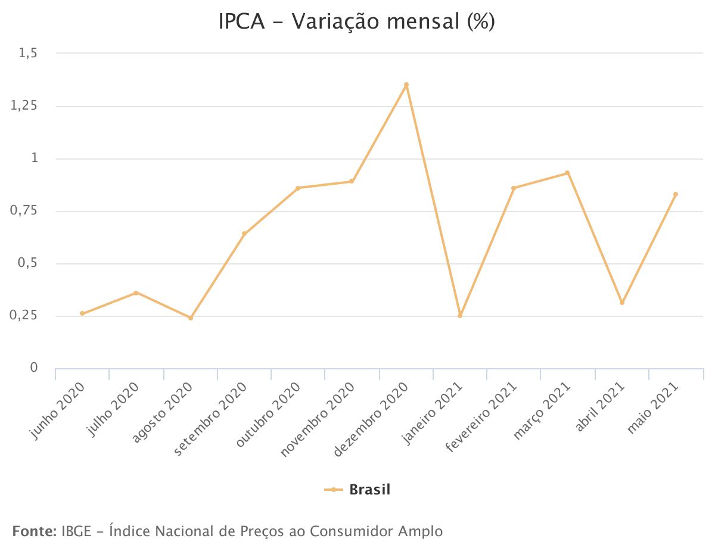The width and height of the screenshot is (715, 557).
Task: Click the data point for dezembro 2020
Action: tap(406, 85)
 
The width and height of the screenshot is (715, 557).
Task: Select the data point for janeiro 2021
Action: tap(460, 315)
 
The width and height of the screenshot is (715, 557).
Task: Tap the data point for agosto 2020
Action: tap(191, 318)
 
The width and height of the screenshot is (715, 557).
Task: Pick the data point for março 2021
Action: tap(567, 173)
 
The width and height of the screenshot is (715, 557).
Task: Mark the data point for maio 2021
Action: tap(676, 194)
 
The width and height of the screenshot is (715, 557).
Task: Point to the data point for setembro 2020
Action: tap(244, 234)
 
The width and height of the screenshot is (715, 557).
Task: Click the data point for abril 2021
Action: tap(622, 303)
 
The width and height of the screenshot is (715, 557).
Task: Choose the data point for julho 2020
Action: tap(136, 292)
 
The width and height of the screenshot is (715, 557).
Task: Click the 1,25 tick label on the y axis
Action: tap(24, 106)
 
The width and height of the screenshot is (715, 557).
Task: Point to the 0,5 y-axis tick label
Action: tap(28, 263)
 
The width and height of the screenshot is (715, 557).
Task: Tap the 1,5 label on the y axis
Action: tap(28, 54)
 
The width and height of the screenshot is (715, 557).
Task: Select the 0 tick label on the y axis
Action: tap(34, 368)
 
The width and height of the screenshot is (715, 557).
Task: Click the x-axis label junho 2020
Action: tap(58, 411)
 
